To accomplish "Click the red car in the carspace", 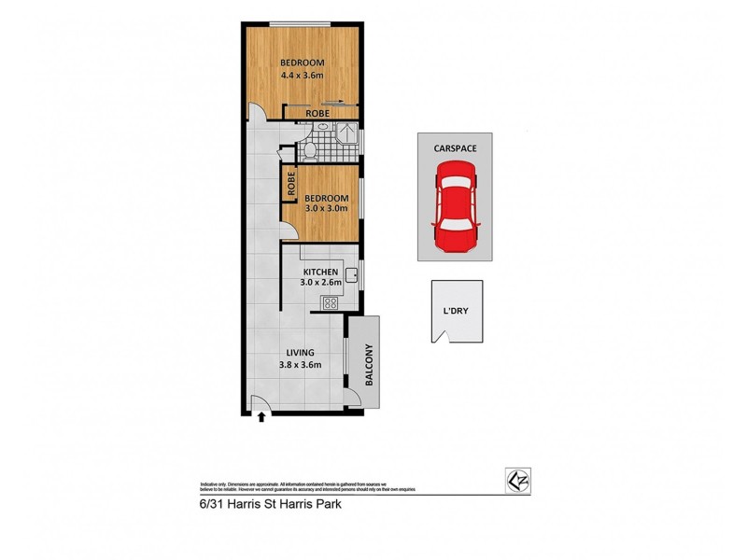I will click(455, 206).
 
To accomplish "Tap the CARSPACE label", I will click(455, 147).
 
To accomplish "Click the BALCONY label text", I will click(367, 361).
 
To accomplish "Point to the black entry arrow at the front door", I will click(261, 416).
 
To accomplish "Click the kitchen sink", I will click(353, 274).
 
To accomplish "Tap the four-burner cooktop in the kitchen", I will click(331, 301).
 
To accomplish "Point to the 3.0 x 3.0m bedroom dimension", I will click(326, 209).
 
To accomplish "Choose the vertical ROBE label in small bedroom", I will click(291, 184).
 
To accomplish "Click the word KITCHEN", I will click(318, 272).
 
